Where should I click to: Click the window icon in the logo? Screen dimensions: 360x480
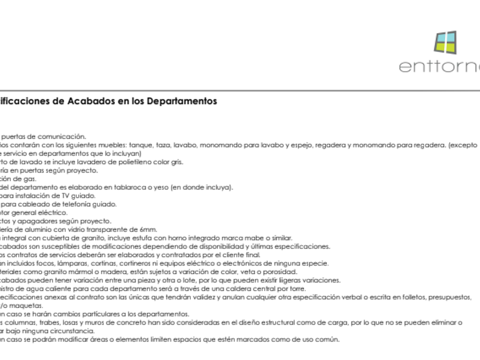445,43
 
